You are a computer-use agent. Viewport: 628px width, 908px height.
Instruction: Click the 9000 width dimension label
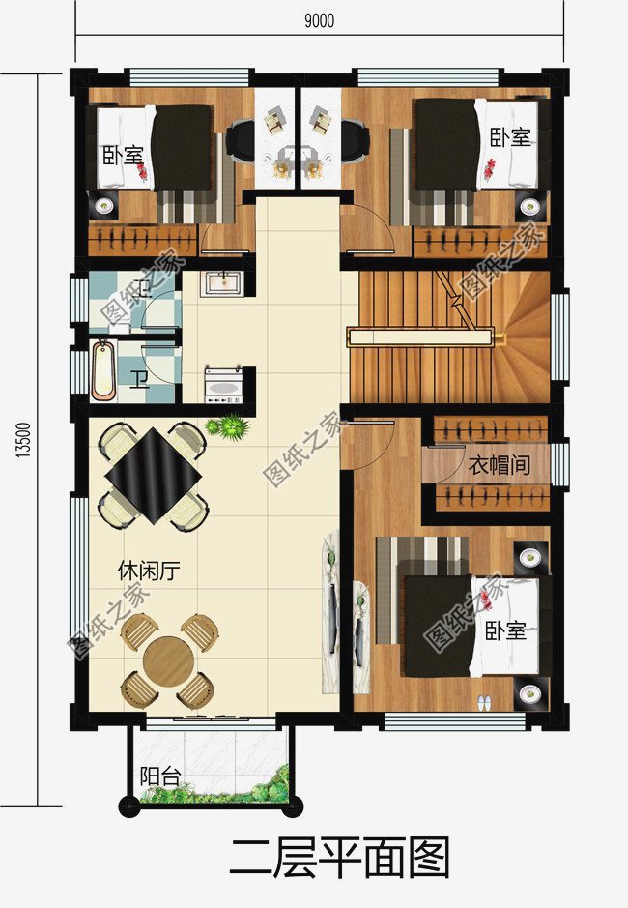(319, 21)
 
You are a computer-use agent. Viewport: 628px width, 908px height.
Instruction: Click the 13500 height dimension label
(22, 440)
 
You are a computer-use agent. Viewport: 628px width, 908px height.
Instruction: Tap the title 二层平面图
(340, 858)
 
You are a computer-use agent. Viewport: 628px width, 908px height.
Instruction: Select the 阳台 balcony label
(160, 776)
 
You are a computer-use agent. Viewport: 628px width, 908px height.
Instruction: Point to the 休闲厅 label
(149, 571)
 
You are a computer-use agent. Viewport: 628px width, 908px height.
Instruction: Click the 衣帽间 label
(499, 464)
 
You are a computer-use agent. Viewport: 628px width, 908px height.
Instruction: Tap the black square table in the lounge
(154, 476)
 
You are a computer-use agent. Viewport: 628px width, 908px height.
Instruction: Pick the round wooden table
(168, 660)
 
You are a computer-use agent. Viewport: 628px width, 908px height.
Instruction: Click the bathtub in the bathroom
(104, 370)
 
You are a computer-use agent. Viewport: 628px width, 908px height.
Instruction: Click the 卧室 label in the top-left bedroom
(123, 155)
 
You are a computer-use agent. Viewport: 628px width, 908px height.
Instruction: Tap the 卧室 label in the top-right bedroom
(510, 137)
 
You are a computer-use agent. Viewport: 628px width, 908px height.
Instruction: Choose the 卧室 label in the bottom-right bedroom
(505, 630)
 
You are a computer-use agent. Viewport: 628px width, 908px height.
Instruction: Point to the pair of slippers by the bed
(484, 702)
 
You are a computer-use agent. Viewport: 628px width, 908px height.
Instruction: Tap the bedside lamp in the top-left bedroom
(104, 204)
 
